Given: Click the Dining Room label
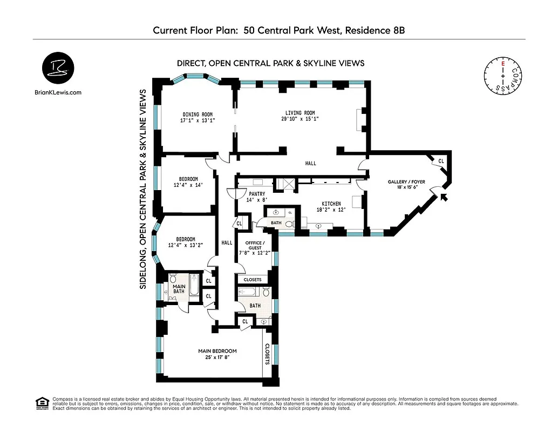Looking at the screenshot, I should click(197, 114).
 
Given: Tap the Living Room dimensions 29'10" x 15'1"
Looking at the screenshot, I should click(300, 119).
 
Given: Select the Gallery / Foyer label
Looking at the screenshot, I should click(406, 182).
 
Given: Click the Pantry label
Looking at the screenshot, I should click(256, 193).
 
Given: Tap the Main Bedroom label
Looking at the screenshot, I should click(217, 351).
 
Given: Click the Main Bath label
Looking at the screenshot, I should click(179, 289).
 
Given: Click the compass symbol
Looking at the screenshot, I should click(503, 78).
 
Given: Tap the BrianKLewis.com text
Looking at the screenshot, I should click(57, 92).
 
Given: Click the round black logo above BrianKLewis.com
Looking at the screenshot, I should click(57, 69).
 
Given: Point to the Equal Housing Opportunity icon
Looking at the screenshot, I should click(41, 402).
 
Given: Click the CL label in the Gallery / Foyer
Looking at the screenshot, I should click(441, 161).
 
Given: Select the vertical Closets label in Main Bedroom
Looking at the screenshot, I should click(267, 354).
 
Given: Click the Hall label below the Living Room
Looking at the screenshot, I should click(310, 163).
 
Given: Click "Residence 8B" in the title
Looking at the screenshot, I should click(373, 31).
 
